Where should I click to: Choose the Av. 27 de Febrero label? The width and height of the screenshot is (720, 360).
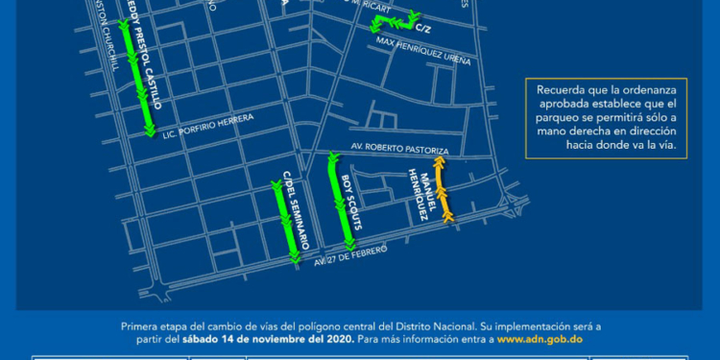pyautogui.click(x=350, y=255)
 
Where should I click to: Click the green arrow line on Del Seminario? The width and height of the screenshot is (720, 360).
pyautogui.click(x=285, y=221)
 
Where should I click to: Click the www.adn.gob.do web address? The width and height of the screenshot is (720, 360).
pyautogui.click(x=538, y=339)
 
